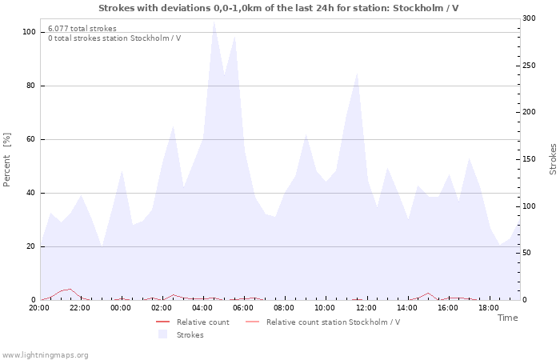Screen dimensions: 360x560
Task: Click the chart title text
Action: [278, 8]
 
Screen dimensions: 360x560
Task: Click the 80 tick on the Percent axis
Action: [30, 86]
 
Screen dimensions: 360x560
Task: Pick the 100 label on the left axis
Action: [28, 32]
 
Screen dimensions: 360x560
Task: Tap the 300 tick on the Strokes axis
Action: [529, 18]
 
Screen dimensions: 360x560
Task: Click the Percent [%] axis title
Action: [7, 159]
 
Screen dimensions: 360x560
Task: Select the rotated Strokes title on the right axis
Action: [553, 159]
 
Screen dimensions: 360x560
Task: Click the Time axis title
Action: [507, 318]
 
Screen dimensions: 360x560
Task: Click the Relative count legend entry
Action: [202, 322]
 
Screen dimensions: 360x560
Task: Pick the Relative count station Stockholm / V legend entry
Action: [333, 322]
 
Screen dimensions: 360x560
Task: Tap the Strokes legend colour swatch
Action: [163, 334]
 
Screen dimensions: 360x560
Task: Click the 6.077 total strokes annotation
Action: [82, 29]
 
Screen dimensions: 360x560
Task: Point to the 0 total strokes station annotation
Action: [114, 38]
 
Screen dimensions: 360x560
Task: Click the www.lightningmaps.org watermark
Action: [45, 355]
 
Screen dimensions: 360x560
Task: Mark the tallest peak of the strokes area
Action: [214, 22]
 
